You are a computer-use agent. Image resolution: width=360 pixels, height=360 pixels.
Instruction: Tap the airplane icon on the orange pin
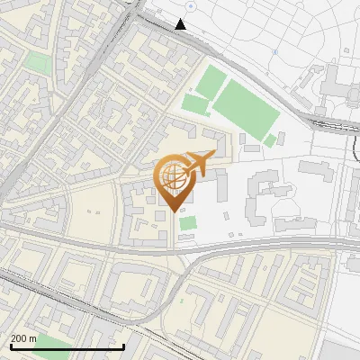tap(197, 164)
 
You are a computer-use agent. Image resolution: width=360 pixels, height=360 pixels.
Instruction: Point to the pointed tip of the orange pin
tap(173, 211)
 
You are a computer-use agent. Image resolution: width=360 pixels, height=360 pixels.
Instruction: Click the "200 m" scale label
tap(23, 338)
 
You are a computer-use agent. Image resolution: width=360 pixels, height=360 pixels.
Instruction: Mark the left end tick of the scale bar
tap(10, 346)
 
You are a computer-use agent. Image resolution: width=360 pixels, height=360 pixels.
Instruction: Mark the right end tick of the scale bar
tap(123, 346)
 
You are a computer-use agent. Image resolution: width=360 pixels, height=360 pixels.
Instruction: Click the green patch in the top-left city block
tap(38, 62)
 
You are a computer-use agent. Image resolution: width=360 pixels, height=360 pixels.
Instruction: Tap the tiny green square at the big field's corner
tap(269, 139)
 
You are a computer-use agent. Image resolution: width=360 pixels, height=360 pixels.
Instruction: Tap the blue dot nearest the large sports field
tap(275, 53)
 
